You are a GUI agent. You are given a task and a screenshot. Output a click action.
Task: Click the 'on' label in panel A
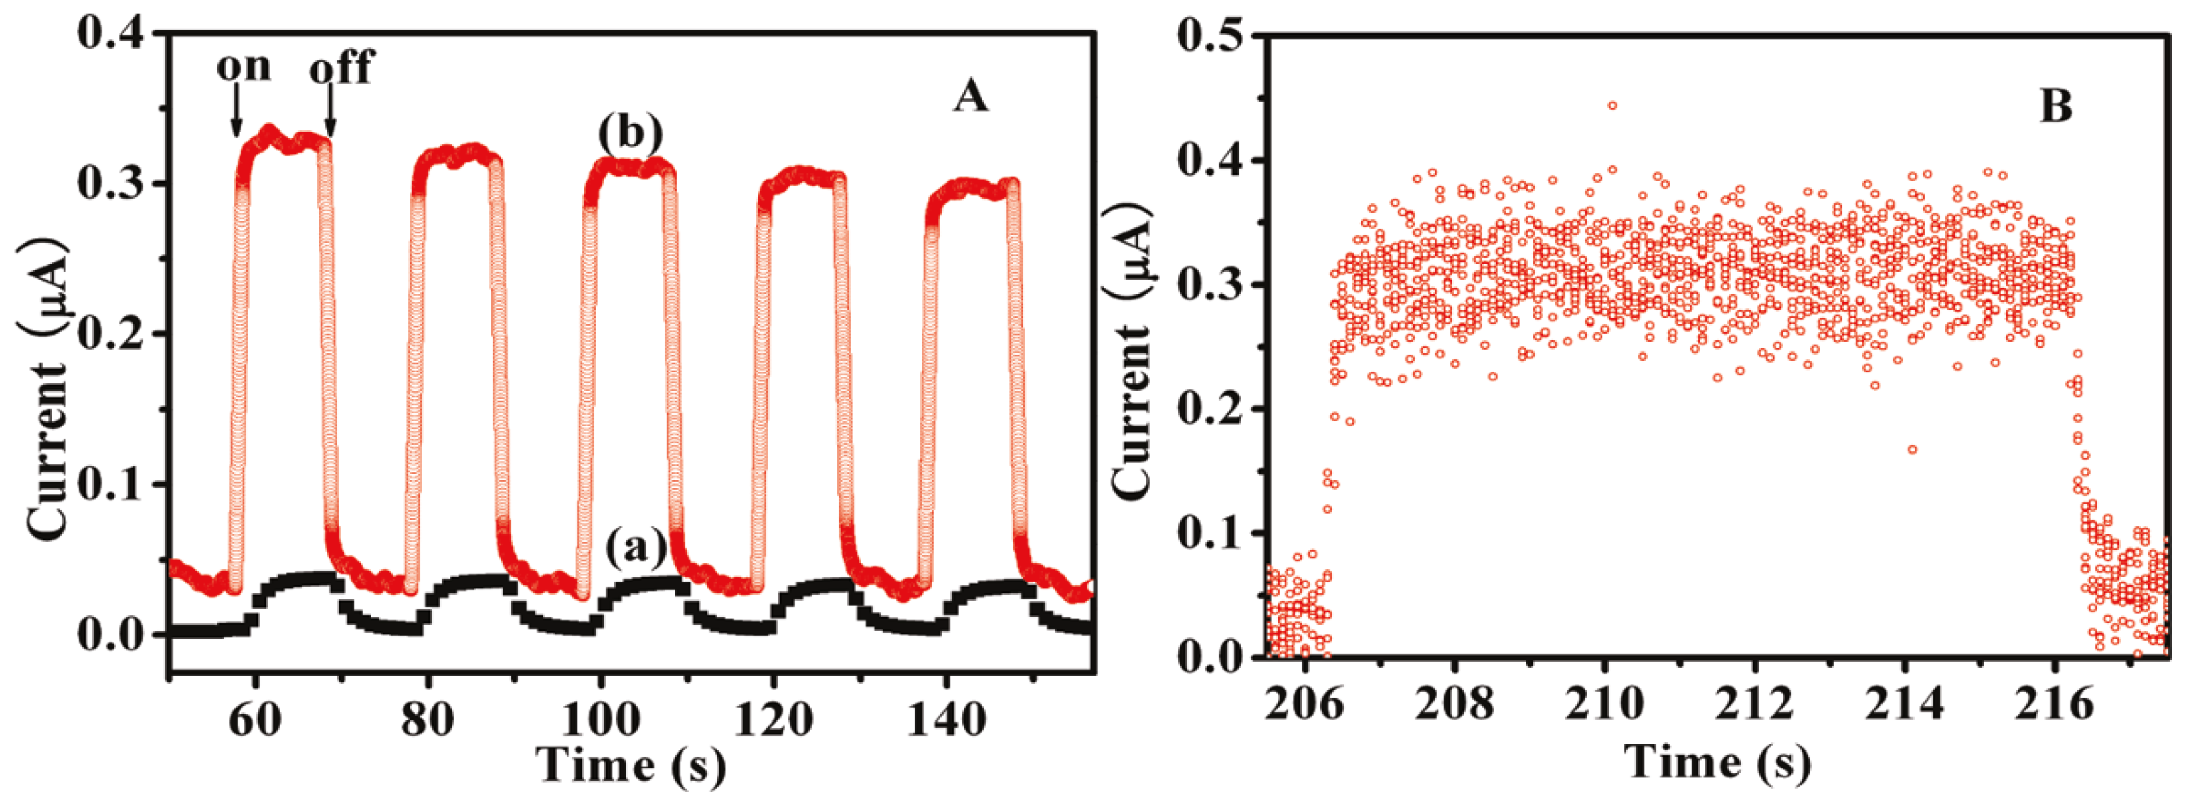[x=244, y=66]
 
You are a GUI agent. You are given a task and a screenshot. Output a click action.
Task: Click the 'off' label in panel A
[x=341, y=68]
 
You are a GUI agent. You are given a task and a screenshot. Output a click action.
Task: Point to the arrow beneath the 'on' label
[x=236, y=114]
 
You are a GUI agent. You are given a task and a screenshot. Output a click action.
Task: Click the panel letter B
[x=2055, y=108]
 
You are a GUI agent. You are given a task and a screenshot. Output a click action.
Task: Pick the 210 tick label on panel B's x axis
[x=1603, y=704]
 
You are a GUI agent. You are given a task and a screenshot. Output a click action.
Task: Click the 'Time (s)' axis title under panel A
[x=631, y=765]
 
